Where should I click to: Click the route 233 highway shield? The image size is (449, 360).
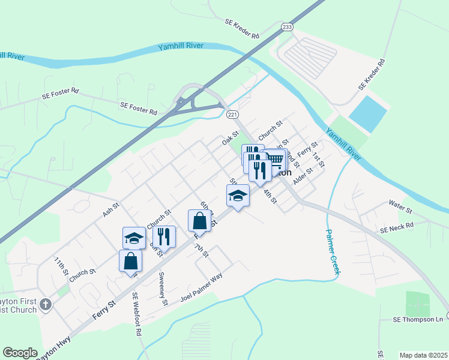coord(287,27)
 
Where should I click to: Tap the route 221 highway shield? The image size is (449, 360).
coord(232,114)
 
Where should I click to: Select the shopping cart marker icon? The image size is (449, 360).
coord(276,160)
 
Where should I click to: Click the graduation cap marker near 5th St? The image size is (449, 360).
coord(238,196)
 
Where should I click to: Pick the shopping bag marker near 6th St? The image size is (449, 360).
coord(199,220)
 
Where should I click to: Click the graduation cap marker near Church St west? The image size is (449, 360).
coord(134,238)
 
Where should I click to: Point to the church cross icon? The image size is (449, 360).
coord(45,305)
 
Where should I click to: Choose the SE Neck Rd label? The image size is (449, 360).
coord(397,228)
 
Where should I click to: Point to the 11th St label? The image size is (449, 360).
coord(61,267)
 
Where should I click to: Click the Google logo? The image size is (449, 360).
coord(20,353)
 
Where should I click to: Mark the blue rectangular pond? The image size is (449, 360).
coord(367,114)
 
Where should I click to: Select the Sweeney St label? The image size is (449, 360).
coord(162,289)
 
